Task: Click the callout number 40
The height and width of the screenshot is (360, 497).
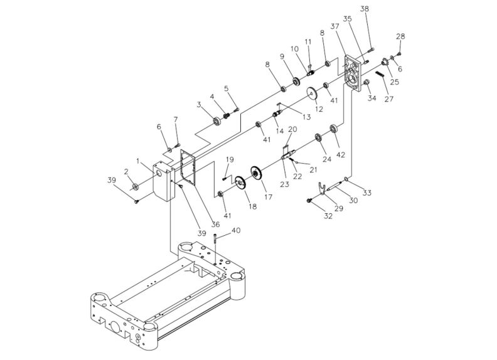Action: [235, 230]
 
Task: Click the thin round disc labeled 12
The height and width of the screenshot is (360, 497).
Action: [310, 95]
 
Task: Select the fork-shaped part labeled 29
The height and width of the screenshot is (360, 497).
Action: [320, 188]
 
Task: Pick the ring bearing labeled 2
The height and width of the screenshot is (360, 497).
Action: [134, 187]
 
